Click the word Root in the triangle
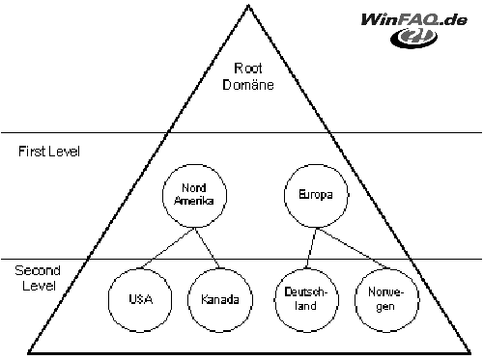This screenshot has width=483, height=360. coord(247,69)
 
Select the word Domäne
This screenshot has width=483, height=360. coord(248,85)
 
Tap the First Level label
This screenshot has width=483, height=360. coord(49,152)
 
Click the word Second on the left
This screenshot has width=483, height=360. coord(38,270)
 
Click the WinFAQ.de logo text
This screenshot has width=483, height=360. coord(413,20)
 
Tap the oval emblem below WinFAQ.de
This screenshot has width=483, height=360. coord(413,38)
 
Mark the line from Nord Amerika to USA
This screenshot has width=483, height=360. coord(167,248)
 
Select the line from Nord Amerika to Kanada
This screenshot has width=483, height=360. coord(207,248)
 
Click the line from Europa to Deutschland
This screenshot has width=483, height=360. coord(311,248)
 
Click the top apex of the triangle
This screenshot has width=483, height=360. coord(248,5)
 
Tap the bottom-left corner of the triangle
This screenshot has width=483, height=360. coord(28,353)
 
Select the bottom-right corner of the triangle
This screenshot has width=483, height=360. coord(470,353)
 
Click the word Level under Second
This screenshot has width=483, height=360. coord(39,286)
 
